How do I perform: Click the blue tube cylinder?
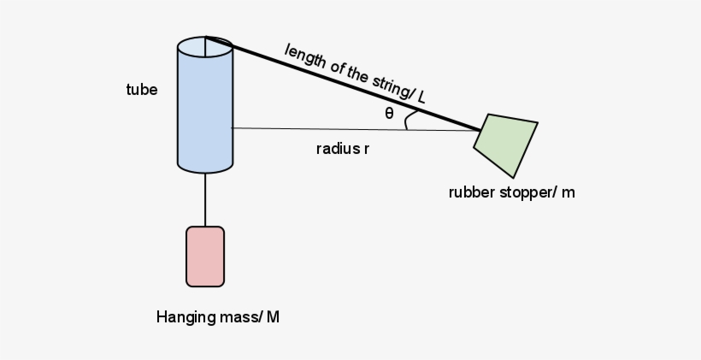click(x=205, y=111)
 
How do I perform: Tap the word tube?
click(x=142, y=89)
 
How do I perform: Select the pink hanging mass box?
click(x=205, y=256)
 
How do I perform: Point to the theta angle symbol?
click(x=389, y=113)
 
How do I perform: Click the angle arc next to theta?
click(x=409, y=121)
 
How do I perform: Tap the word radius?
click(x=337, y=149)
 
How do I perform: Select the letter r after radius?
click(x=366, y=149)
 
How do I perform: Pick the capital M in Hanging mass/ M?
click(x=273, y=317)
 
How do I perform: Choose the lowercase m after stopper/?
click(x=568, y=192)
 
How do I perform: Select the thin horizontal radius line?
click(x=342, y=129)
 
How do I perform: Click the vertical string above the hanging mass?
click(x=205, y=198)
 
